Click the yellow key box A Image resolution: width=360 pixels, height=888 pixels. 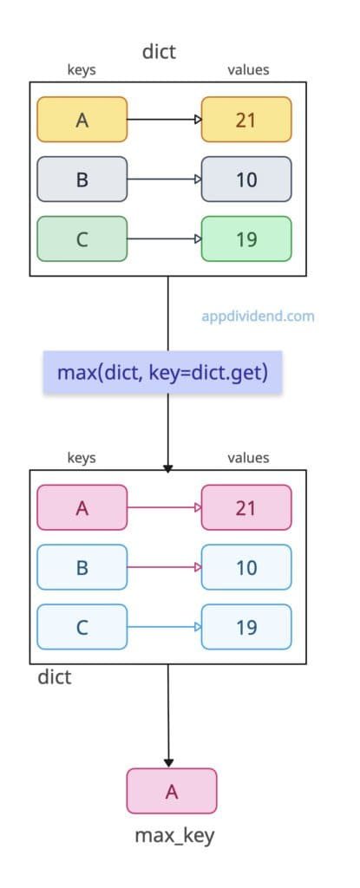click(82, 120)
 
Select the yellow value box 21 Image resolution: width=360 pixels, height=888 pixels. click(246, 120)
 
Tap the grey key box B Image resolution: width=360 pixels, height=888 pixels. click(82, 180)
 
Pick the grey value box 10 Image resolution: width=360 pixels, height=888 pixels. click(246, 180)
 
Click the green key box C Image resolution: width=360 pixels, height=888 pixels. click(82, 238)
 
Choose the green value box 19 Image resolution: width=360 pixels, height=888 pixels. click(246, 238)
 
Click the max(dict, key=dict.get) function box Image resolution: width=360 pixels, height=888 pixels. click(163, 373)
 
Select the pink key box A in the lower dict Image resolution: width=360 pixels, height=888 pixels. click(82, 507)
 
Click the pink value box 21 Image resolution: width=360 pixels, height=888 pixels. click(246, 507)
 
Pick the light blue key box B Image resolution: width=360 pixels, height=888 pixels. click(82, 567)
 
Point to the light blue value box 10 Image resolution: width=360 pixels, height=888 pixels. click(246, 567)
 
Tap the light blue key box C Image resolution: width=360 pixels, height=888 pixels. click(82, 626)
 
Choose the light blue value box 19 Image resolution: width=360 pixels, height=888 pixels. click(246, 626)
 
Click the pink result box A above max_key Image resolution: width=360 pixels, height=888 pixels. click(171, 790)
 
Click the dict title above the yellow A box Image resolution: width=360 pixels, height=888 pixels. click(159, 51)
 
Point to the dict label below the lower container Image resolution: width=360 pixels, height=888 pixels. click(54, 676)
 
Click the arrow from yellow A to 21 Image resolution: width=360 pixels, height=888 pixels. click(164, 120)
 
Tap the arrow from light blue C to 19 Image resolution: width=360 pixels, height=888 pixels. click(164, 626)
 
